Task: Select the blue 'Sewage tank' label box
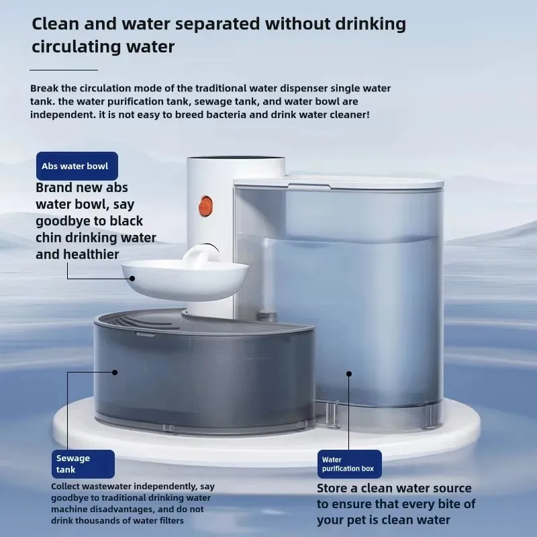click(x=83, y=464)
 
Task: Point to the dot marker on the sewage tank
click(x=115, y=371)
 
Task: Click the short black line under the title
click(x=64, y=69)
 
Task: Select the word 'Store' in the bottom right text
click(x=333, y=488)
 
